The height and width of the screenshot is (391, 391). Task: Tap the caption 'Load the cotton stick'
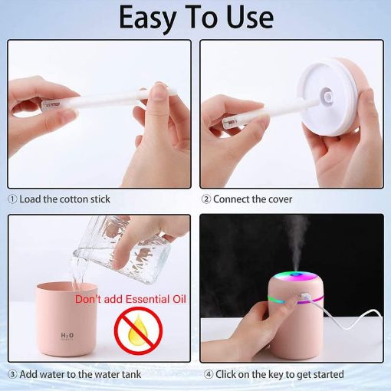65,199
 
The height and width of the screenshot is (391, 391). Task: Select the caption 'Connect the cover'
252,199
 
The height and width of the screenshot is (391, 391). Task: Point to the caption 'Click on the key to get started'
278,374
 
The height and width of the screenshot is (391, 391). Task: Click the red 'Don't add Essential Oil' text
131,298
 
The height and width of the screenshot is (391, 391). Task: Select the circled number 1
12,199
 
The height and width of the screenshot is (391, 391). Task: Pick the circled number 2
205,199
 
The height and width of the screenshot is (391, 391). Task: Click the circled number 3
12,374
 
